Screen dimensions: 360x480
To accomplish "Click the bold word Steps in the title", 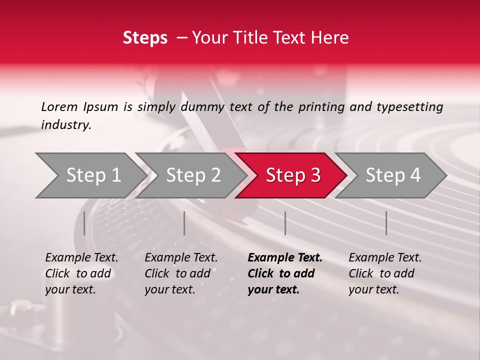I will click(x=145, y=38).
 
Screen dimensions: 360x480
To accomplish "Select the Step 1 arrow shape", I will click(x=90, y=175).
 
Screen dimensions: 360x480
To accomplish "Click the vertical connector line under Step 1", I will click(x=84, y=223).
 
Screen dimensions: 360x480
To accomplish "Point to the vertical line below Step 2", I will click(x=184, y=223).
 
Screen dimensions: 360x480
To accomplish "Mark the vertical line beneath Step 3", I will click(x=285, y=223).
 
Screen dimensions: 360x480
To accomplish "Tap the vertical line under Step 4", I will click(x=386, y=223).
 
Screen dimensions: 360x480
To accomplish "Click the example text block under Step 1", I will click(x=81, y=273).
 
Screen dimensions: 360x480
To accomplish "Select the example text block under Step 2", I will click(x=181, y=273).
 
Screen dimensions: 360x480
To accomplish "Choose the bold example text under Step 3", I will click(x=284, y=273).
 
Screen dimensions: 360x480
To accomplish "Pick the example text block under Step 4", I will click(x=385, y=273).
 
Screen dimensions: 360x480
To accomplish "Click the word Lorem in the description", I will click(x=59, y=106).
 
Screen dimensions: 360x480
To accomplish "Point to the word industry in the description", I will click(x=66, y=125).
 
